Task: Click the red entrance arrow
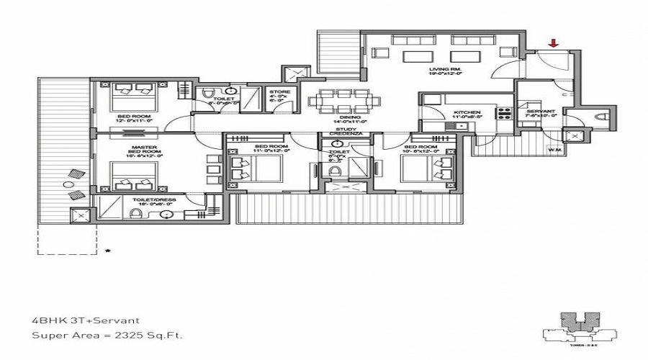tap(553, 44)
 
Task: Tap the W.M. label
tap(554, 150)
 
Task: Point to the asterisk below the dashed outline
tap(107, 251)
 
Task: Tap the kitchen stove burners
tap(504, 114)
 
